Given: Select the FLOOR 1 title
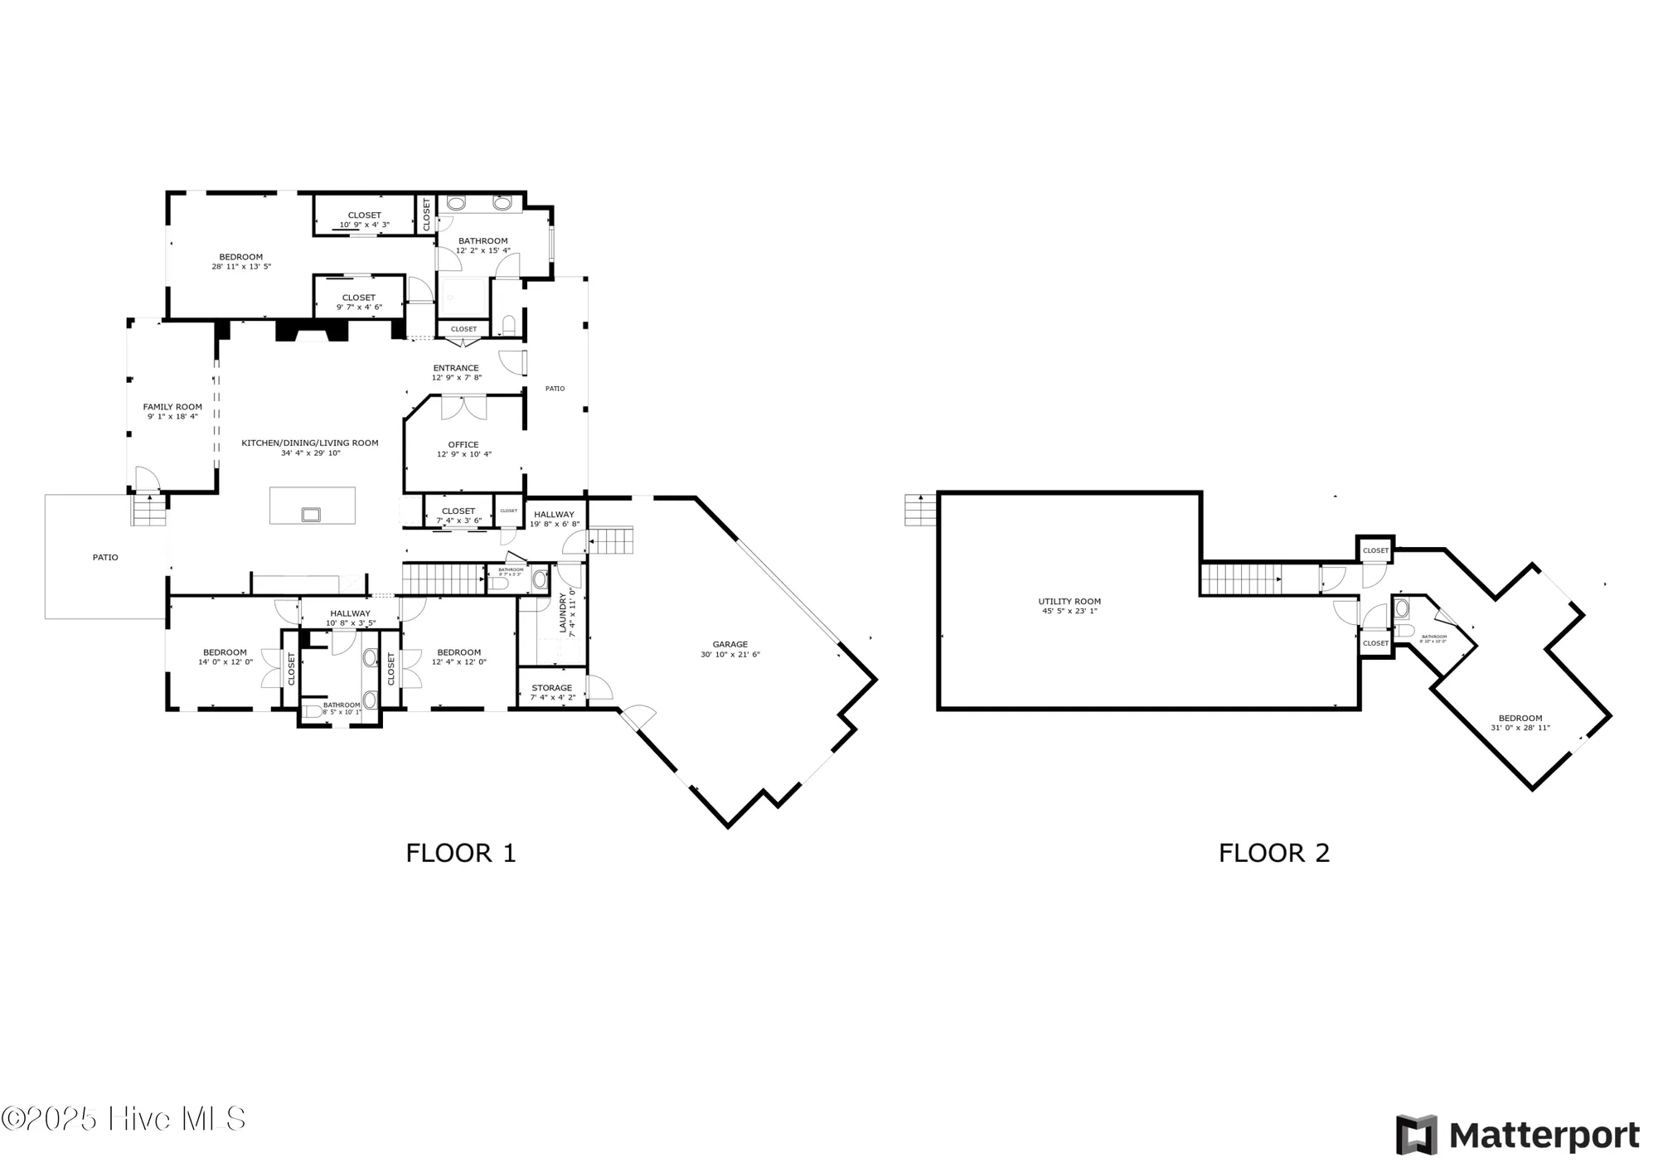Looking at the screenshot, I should [x=461, y=853].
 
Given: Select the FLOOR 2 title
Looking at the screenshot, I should [x=1274, y=853].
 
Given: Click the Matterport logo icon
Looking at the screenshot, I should [x=1415, y=1135].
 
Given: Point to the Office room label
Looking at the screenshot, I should [x=463, y=445].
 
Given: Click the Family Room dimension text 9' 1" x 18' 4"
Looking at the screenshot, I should [x=172, y=417].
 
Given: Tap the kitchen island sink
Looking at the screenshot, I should [x=311, y=515].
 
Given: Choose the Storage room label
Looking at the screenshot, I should [x=551, y=688].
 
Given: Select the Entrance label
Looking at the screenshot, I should [x=456, y=368].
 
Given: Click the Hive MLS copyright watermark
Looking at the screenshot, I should [x=124, y=1119].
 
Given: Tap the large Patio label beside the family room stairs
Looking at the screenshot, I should [x=105, y=558].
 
